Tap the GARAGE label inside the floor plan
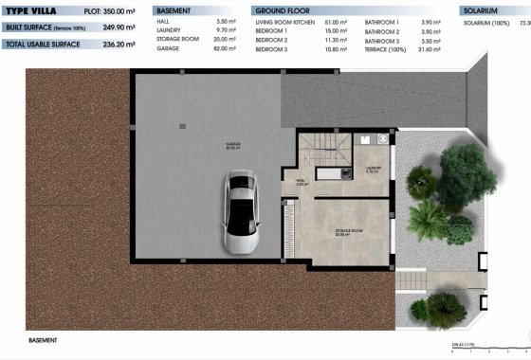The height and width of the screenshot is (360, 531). point(233,145)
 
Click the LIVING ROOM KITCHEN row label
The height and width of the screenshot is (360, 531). point(287,20)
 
